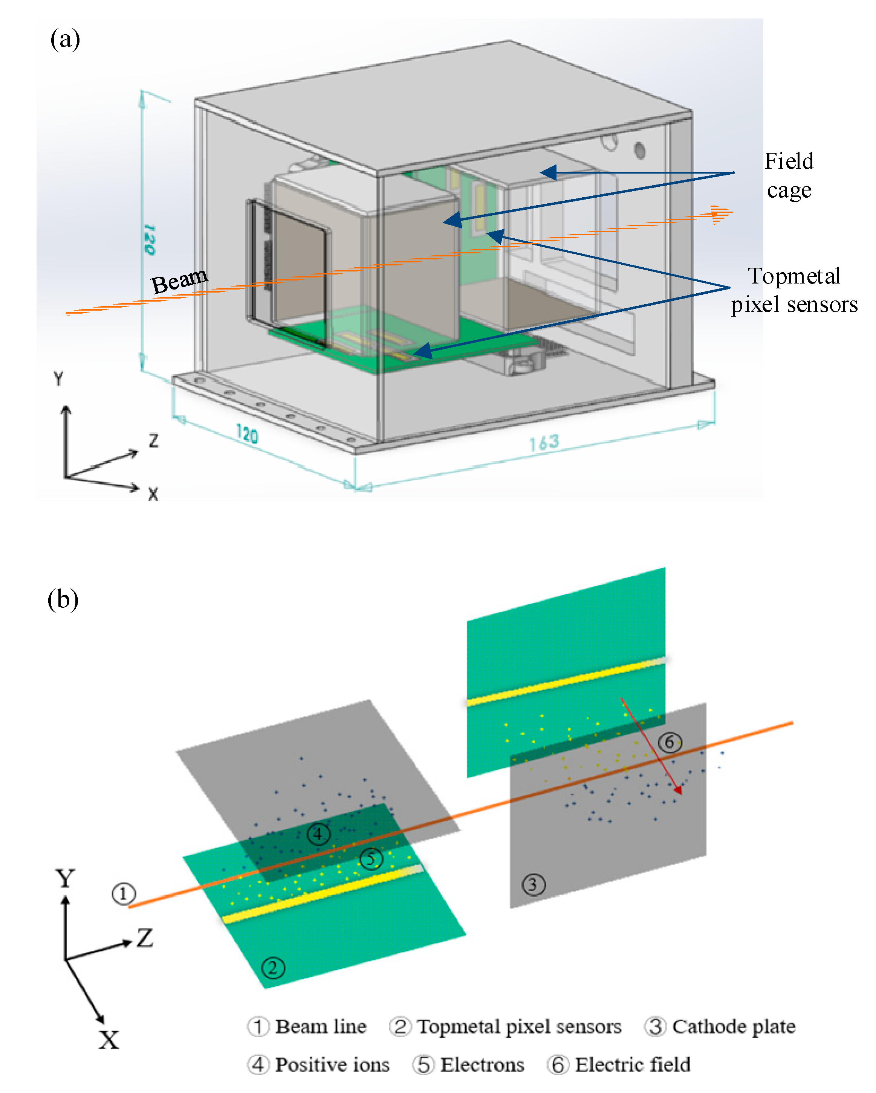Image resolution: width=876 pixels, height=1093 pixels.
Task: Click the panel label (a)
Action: click(65, 39)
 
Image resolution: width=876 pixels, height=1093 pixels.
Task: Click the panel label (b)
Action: click(63, 599)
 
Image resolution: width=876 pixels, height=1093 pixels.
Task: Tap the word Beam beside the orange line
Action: click(179, 280)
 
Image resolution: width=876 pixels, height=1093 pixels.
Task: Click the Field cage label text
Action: click(789, 175)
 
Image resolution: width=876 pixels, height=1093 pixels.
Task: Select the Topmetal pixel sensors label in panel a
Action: click(794, 290)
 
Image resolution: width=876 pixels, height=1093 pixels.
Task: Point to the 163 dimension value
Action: click(544, 442)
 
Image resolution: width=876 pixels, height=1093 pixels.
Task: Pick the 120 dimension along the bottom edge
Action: click(247, 434)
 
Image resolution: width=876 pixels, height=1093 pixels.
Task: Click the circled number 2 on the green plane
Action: click(273, 968)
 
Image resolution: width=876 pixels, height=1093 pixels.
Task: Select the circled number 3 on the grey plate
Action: click(533, 885)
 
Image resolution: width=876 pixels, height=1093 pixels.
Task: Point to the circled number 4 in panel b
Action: click(318, 834)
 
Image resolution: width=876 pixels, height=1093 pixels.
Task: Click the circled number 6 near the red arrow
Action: click(670, 743)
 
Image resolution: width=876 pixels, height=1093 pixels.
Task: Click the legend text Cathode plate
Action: click(734, 1027)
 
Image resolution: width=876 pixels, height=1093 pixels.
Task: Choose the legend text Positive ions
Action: click(332, 1065)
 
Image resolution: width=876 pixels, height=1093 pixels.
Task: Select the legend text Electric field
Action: click(633, 1065)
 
